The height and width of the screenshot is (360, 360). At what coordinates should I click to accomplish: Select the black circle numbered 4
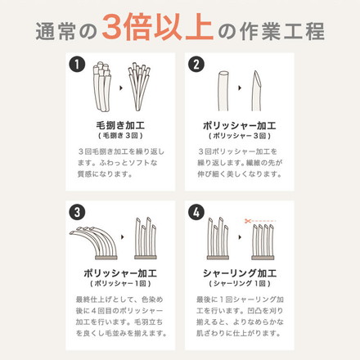196,211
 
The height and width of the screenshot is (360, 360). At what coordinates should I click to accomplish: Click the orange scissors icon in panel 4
248,219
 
